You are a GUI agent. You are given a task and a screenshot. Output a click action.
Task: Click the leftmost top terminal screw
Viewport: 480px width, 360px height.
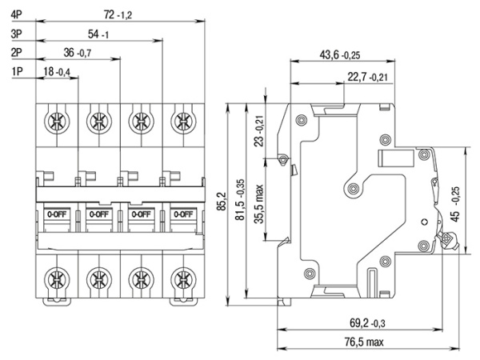57,122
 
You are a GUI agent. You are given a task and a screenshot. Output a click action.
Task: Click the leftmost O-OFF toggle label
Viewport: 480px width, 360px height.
57,214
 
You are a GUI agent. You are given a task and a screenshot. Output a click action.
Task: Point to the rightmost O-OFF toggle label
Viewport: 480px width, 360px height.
183,214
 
